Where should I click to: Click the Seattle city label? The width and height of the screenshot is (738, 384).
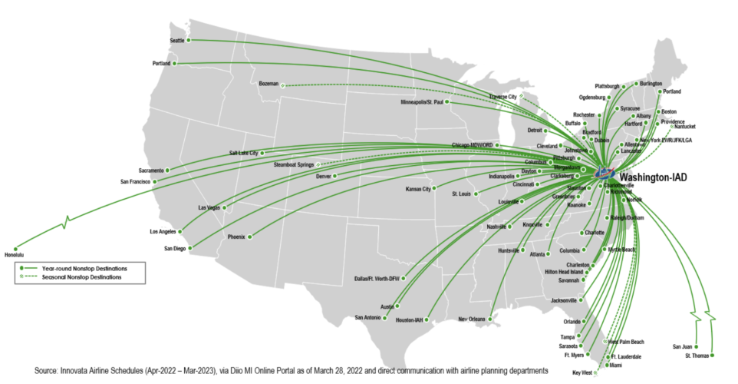(x=177, y=40)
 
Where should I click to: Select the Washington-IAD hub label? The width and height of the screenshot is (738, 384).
(x=652, y=177)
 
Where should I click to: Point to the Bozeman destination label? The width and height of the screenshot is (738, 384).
(x=269, y=83)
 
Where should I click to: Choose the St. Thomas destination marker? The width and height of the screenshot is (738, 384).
(x=713, y=355)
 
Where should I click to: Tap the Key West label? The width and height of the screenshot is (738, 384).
(x=581, y=372)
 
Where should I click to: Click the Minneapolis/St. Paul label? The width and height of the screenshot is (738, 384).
(x=422, y=101)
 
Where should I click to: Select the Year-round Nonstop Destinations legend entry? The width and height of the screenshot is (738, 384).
(x=84, y=268)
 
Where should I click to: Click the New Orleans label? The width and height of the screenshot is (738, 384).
(x=473, y=319)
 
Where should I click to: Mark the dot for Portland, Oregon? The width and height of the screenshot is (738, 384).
(x=175, y=63)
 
